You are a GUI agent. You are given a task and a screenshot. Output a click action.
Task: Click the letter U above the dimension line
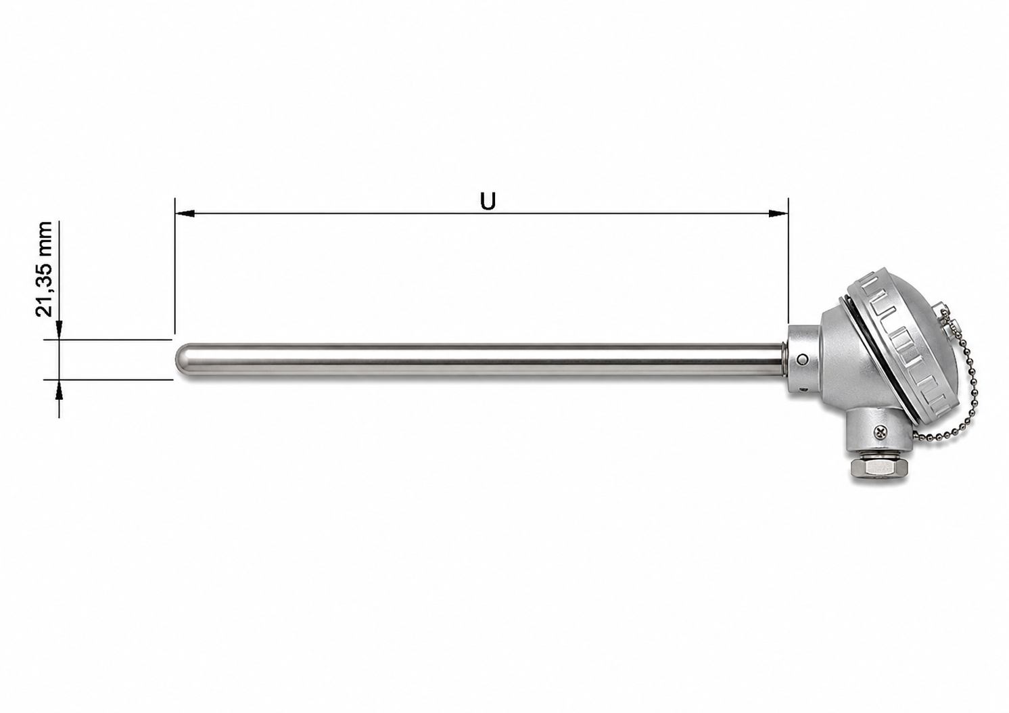click(x=488, y=202)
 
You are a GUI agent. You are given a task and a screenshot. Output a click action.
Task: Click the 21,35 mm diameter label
click(x=44, y=269)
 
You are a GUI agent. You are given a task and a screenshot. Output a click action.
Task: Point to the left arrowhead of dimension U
click(x=185, y=213)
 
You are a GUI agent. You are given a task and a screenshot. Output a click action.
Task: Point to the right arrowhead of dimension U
click(x=778, y=213)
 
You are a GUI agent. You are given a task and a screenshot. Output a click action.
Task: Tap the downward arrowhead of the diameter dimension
click(x=59, y=329)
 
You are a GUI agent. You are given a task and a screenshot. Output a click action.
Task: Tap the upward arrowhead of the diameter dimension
click(x=59, y=389)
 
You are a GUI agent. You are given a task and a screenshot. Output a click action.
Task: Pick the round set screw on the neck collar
click(x=801, y=359)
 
